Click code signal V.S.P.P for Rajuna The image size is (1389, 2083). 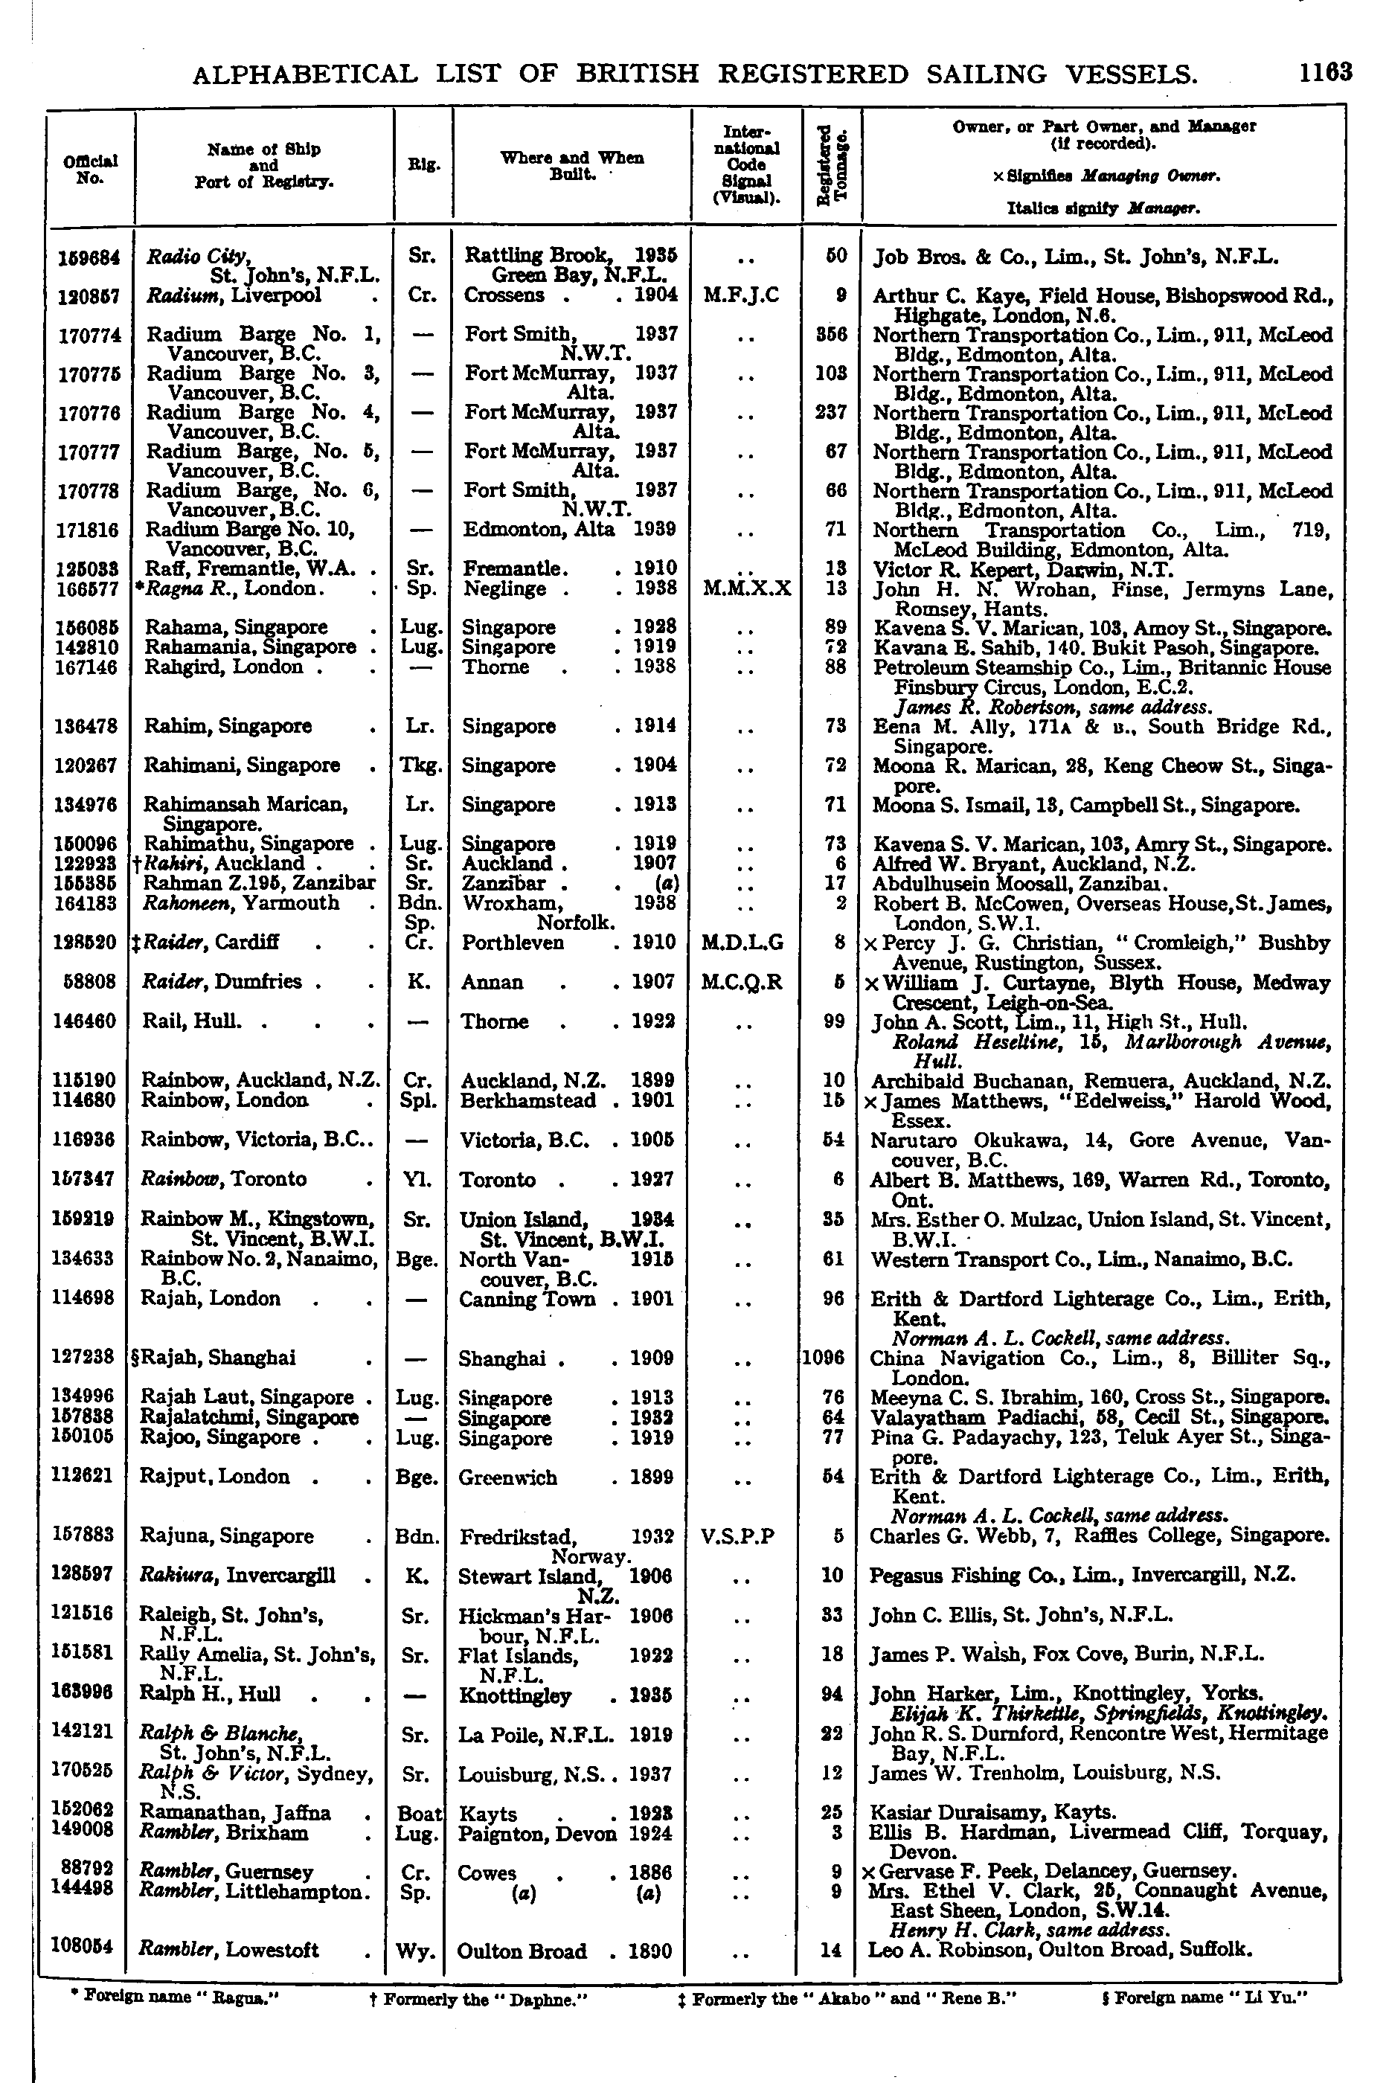tap(737, 1535)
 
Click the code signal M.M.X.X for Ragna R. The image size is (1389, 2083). tap(746, 588)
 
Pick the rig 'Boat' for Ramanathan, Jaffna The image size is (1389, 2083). tap(417, 1813)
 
